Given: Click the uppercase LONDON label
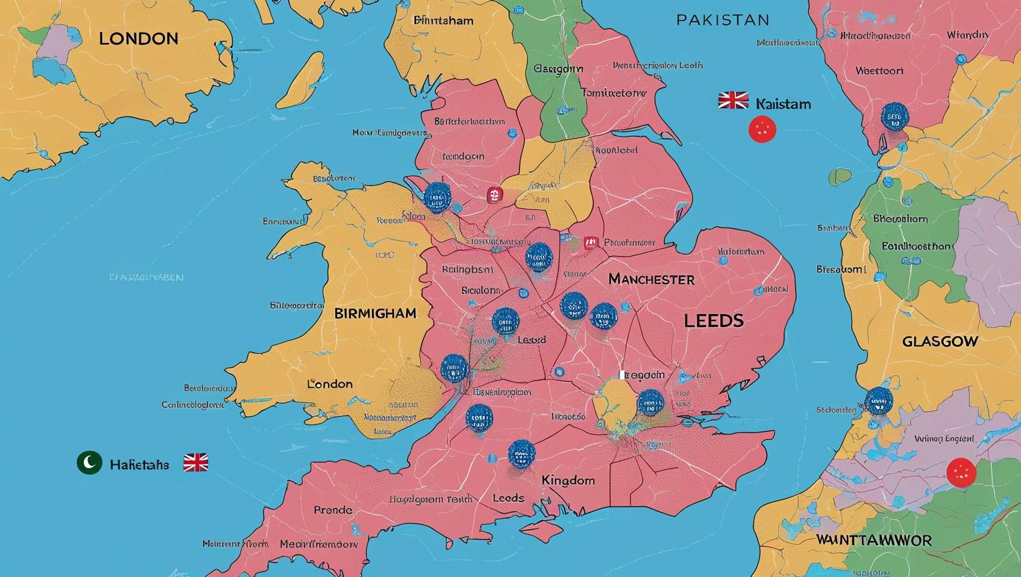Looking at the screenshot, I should tap(138, 39).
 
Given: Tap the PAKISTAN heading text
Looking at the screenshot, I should tap(722, 19).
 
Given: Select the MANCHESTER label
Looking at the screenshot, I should tap(651, 279).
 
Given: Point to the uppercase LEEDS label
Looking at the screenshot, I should tap(714, 320).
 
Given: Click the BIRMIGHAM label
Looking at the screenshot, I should tap(375, 313).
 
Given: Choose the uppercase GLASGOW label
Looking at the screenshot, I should tap(940, 341).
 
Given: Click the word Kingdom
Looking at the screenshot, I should tap(568, 480).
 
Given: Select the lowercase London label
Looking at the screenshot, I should tap(329, 384).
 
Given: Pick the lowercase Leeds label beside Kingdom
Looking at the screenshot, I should tap(508, 498).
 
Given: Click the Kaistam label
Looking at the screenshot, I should tap(782, 104).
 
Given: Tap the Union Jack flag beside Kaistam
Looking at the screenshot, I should tap(733, 101).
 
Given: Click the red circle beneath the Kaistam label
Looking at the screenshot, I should tap(762, 130).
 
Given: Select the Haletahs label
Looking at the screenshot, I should tap(139, 464).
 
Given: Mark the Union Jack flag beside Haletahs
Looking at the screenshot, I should tap(196, 463).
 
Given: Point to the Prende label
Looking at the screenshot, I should tap(333, 510).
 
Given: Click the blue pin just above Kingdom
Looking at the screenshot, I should tap(522, 454).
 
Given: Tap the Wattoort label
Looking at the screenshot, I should tap(879, 70).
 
